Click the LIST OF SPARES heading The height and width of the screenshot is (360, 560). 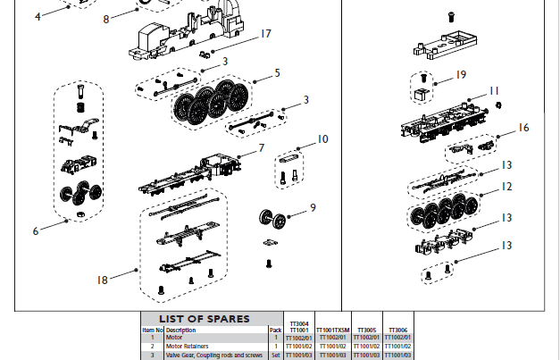tap(205, 319)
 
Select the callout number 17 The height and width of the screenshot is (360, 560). tap(265, 34)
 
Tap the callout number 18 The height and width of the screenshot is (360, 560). tap(103, 280)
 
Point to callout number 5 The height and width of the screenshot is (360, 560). tap(278, 72)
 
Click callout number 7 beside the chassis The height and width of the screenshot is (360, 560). tap(262, 147)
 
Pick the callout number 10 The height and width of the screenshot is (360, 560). tap(322, 138)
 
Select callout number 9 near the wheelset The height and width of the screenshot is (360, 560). tap(313, 207)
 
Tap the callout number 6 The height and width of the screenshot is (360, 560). tap(37, 230)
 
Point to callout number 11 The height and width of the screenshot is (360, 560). tap(494, 91)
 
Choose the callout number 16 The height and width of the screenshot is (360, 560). tap(523, 128)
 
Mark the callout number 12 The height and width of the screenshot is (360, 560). tap(506, 187)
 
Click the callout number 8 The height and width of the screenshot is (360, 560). tap(105, 18)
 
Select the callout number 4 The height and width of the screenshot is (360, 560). tap(38, 16)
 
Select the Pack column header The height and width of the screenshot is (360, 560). tap(276, 330)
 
